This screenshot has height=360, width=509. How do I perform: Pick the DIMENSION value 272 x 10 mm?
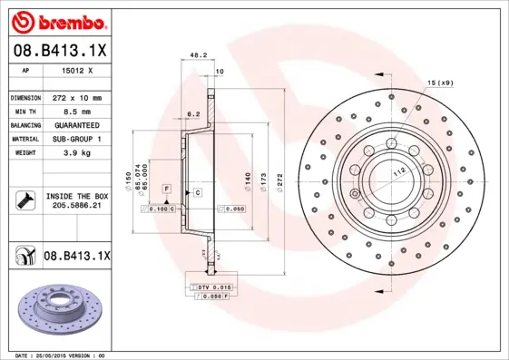click(78, 97)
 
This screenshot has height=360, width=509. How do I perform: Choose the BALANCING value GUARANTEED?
click(78, 124)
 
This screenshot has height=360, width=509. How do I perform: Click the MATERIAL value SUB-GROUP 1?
click(78, 139)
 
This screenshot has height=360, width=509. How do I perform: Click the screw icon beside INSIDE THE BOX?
click(25, 199)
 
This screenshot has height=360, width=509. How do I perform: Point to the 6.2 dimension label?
click(191, 115)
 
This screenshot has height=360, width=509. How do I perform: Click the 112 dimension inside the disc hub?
click(398, 170)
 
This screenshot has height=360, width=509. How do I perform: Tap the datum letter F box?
click(167, 187)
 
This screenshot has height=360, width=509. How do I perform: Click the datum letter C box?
click(196, 194)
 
